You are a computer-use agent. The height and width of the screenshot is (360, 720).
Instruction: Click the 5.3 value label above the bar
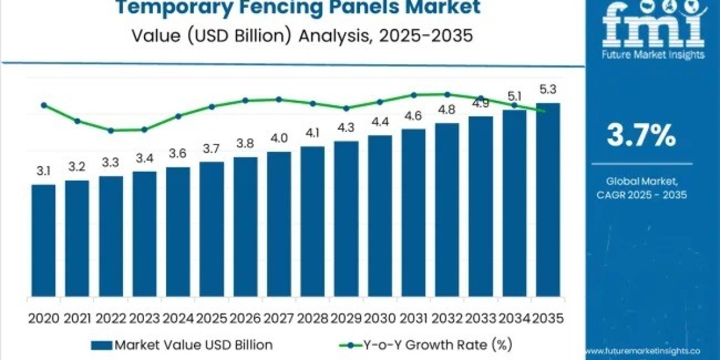click(x=548, y=90)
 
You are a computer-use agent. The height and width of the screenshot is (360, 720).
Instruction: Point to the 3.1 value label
click(x=43, y=172)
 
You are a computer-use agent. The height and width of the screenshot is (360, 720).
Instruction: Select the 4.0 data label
click(x=279, y=139)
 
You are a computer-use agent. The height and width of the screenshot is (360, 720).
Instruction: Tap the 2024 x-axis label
click(x=178, y=319)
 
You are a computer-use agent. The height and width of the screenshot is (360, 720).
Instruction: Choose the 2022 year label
click(x=111, y=319)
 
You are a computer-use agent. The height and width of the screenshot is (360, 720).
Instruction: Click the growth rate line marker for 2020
click(x=43, y=105)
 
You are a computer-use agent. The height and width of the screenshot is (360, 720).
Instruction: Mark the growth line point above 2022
click(x=111, y=130)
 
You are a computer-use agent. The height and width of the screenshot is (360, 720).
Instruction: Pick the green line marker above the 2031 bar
click(x=413, y=95)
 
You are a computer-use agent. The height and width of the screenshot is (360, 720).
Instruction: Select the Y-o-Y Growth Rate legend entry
click(x=426, y=344)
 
